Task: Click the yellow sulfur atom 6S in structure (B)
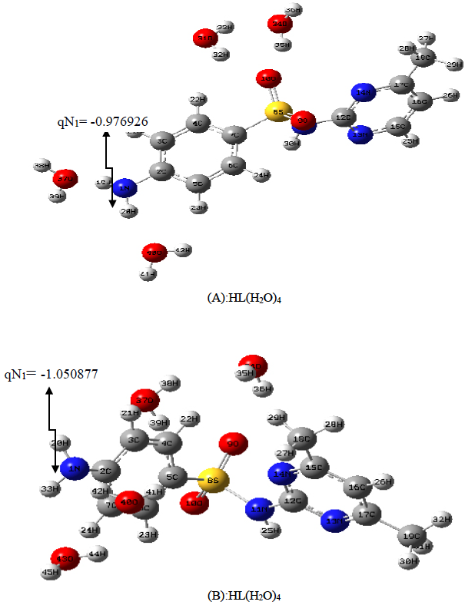(x=213, y=481)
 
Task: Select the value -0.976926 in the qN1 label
(x=118, y=121)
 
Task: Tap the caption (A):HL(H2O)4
(x=233, y=299)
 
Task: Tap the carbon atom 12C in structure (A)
(x=344, y=118)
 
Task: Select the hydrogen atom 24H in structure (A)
(x=261, y=176)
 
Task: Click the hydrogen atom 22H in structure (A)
(x=198, y=100)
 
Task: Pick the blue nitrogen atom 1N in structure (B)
(x=75, y=470)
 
